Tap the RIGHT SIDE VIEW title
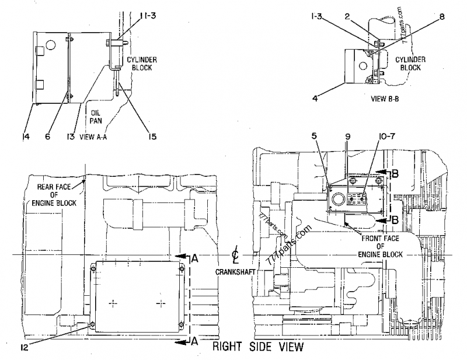point(257,348)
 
